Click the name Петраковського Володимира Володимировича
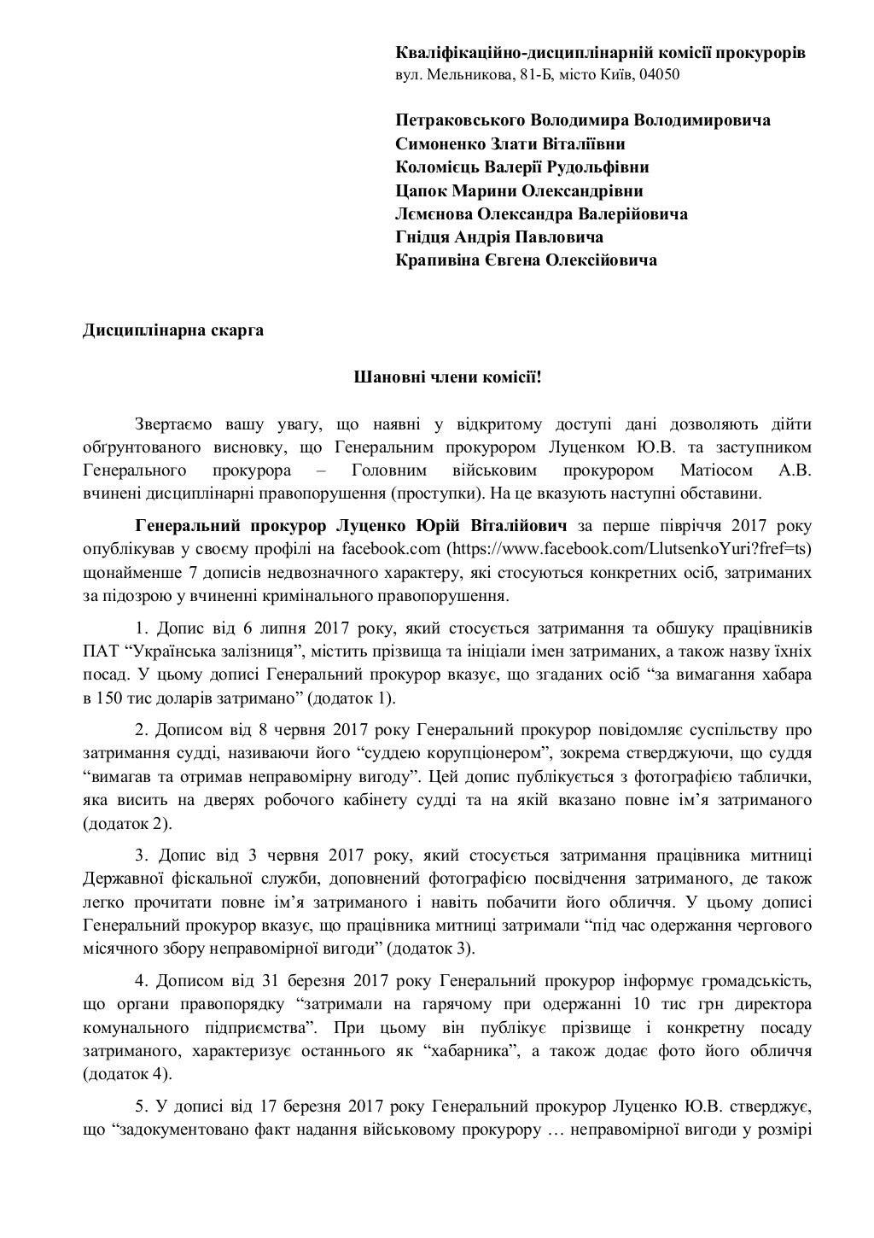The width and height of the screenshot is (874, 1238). (582, 120)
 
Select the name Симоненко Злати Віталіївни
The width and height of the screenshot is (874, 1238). (510, 144)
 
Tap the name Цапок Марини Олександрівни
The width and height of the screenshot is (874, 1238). (519, 191)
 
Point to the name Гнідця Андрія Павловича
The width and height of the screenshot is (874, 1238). (499, 237)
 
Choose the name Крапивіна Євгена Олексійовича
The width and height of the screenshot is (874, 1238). (526, 260)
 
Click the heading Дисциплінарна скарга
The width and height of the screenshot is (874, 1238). (172, 331)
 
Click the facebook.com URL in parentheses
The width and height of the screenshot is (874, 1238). (630, 548)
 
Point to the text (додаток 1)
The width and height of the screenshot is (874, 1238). (350, 698)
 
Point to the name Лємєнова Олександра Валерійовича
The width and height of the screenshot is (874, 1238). (541, 214)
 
